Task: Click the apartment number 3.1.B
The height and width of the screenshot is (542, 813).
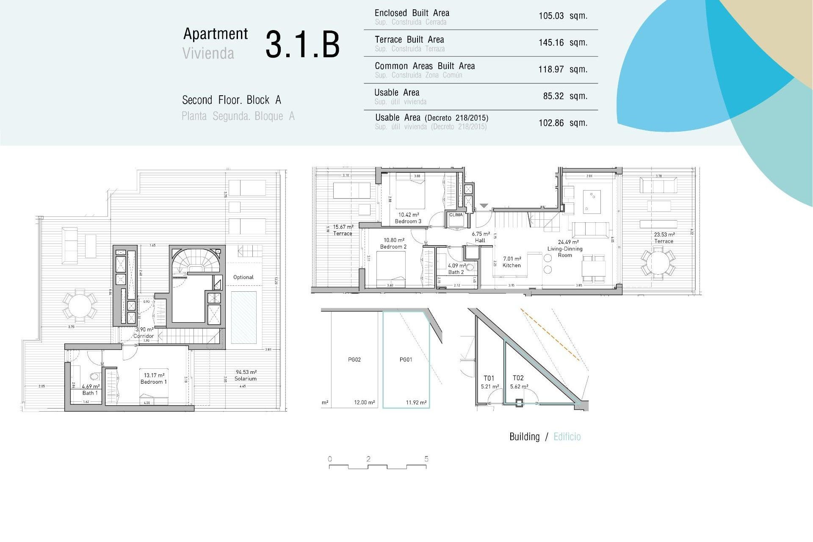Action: tap(302, 44)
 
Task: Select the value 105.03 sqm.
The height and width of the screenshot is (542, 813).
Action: tap(562, 16)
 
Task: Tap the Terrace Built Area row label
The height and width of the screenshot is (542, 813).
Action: tap(409, 40)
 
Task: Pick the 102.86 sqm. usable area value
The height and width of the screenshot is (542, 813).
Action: tap(562, 123)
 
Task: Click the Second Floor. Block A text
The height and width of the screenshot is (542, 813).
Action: tap(231, 100)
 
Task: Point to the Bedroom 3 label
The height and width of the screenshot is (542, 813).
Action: tap(408, 221)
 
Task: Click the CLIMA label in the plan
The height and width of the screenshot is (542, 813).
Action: tap(456, 215)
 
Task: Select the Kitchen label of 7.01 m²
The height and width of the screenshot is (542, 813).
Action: tap(512, 265)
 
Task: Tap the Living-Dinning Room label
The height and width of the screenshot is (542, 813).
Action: tap(564, 252)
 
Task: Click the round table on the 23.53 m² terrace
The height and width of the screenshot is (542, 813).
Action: tap(658, 263)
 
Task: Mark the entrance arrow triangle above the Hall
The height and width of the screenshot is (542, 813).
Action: tap(484, 206)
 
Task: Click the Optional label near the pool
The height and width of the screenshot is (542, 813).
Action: tap(243, 277)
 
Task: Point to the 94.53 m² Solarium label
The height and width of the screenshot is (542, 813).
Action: tap(246, 376)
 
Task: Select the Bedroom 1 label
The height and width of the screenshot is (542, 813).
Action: tap(153, 382)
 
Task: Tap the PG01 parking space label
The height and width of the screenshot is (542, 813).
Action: tap(406, 360)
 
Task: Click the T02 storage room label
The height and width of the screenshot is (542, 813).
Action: tap(518, 378)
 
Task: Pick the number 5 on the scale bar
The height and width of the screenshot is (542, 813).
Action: tap(426, 459)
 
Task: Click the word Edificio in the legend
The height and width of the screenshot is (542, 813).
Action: tap(567, 437)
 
